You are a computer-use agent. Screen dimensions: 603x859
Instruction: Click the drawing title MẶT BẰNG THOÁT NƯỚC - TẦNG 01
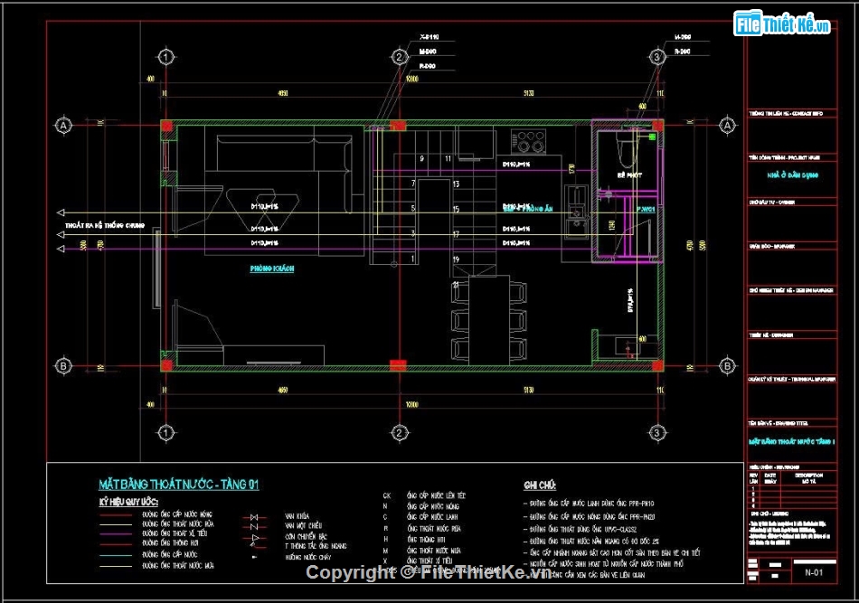pos(179,485)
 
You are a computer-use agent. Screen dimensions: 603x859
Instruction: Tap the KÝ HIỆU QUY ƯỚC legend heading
pos(129,501)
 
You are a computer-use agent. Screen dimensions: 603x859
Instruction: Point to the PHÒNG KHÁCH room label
pos(272,269)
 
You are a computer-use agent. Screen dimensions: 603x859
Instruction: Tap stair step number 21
pos(456,285)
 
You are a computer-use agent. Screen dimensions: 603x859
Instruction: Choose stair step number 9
pos(421,159)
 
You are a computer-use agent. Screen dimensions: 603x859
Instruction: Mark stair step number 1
pos(413,259)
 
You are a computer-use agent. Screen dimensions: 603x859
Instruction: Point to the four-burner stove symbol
pos(529,141)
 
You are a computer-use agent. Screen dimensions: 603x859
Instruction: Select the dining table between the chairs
pos(489,321)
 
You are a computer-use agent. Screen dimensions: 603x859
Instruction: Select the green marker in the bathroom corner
pos(651,137)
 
